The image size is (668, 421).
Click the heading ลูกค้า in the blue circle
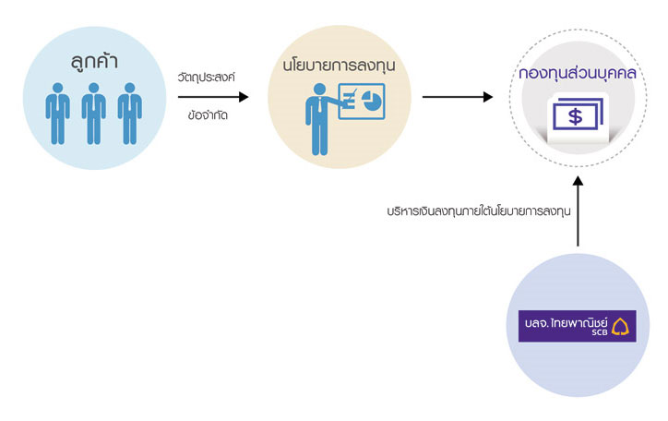(94, 61)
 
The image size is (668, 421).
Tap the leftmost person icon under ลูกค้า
(57, 114)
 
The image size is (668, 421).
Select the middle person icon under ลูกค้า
(94, 114)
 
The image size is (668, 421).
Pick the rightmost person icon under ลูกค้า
(130, 114)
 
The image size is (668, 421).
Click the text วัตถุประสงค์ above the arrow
(207, 78)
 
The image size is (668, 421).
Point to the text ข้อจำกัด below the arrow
(208, 115)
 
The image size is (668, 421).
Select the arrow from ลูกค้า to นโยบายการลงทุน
(213, 97)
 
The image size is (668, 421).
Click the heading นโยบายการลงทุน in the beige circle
(340, 66)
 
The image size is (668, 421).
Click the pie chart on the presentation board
(372, 101)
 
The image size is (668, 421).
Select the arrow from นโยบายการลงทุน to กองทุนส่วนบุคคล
(458, 97)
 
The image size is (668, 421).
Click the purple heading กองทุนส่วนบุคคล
(578, 73)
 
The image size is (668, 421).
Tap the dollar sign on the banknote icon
(575, 116)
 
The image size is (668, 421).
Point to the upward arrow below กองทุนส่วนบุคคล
(578, 211)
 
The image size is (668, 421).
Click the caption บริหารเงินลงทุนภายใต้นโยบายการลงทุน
(479, 210)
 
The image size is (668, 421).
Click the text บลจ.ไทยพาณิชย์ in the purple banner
(567, 322)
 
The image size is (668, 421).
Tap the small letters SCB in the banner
(600, 332)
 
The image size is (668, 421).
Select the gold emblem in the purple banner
(620, 327)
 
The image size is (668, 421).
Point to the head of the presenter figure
(319, 89)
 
